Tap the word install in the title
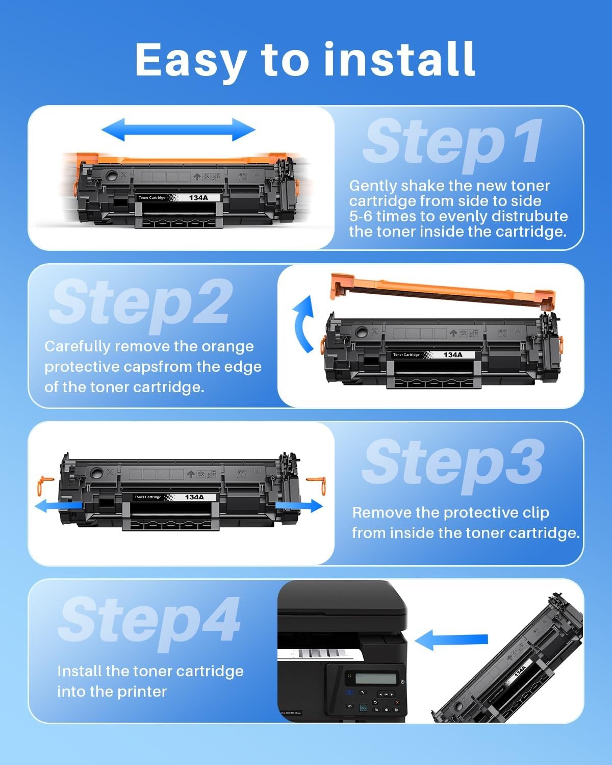pyautogui.click(x=400, y=59)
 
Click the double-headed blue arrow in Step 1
pyautogui.click(x=178, y=130)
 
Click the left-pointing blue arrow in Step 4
pyautogui.click(x=451, y=640)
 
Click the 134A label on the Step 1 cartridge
pyautogui.click(x=198, y=198)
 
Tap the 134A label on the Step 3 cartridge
pyautogui.click(x=194, y=497)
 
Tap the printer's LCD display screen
pyautogui.click(x=376, y=679)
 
